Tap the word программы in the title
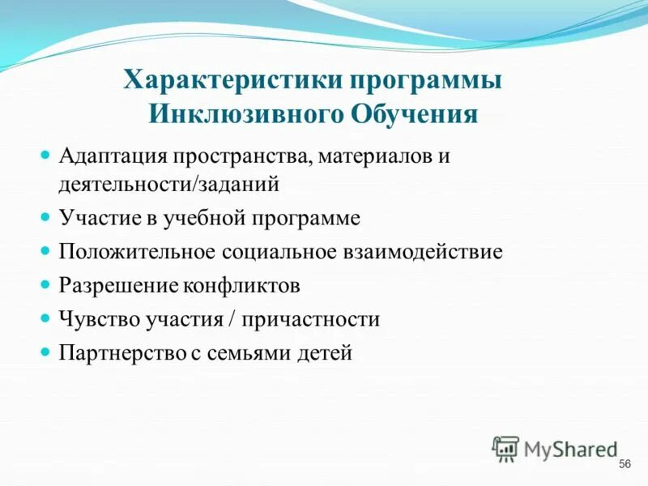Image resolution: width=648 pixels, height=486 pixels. tap(427, 82)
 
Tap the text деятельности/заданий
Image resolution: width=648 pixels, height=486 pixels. tap(168, 184)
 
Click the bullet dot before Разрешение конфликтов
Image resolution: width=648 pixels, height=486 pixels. tap(46, 285)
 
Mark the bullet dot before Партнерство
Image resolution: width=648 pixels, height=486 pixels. tap(46, 353)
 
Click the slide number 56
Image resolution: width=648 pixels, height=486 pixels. tap(624, 464)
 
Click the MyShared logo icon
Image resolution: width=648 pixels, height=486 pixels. tap(505, 448)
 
